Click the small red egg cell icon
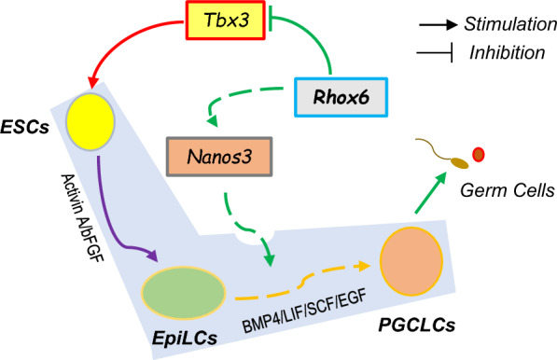tap(479, 153)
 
